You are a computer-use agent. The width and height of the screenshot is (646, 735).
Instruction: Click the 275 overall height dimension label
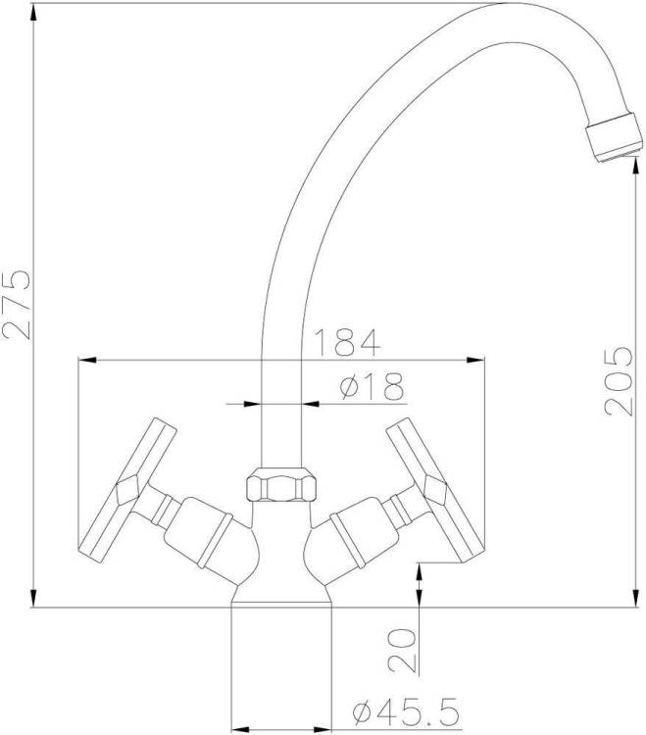pos(17,304)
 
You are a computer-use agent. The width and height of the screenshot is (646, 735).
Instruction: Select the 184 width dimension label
pos(346,342)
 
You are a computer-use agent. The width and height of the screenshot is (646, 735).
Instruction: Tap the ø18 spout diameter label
pos(372,386)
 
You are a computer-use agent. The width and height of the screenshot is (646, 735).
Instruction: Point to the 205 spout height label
pos(619,381)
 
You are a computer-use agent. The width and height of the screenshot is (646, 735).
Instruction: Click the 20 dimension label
pos(402,650)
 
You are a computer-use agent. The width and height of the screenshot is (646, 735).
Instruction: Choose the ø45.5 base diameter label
pos(406,710)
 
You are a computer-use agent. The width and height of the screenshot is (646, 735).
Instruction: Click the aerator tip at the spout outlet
pos(614,137)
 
